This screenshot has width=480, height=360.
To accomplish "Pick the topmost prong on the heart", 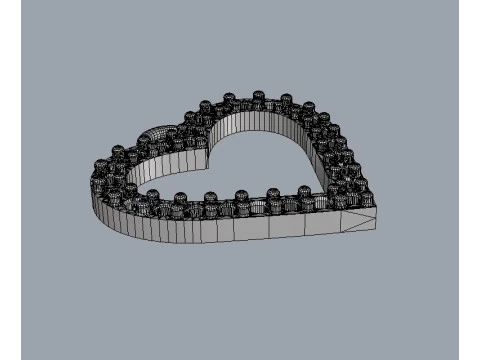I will tap(257, 97).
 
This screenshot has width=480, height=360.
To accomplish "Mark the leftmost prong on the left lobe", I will tap(100, 166).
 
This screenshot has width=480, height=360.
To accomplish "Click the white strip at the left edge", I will tap(10, 180).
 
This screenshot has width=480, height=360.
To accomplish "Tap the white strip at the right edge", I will tap(469, 180).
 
